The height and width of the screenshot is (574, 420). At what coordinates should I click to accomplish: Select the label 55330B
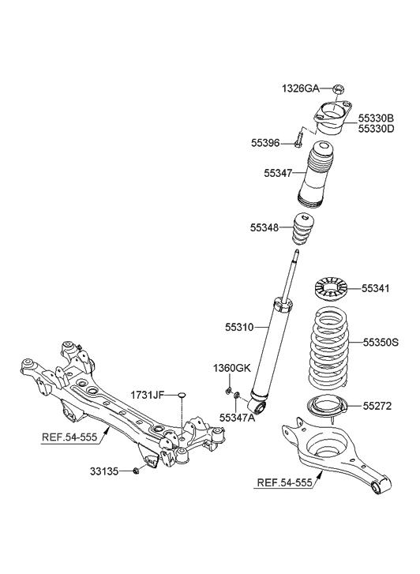[x=377, y=117]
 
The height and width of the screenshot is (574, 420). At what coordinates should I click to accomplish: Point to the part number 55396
[x=266, y=143]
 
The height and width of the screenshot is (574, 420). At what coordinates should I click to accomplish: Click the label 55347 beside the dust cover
[x=279, y=171]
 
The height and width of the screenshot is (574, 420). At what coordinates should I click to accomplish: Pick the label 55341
[x=377, y=289]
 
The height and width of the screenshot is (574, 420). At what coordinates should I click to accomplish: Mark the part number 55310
[x=240, y=325]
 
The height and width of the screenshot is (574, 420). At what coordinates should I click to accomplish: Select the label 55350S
[x=381, y=343]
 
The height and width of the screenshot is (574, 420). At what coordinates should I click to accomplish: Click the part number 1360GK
[x=231, y=369]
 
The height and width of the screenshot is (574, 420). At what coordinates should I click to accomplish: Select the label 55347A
[x=237, y=418]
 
